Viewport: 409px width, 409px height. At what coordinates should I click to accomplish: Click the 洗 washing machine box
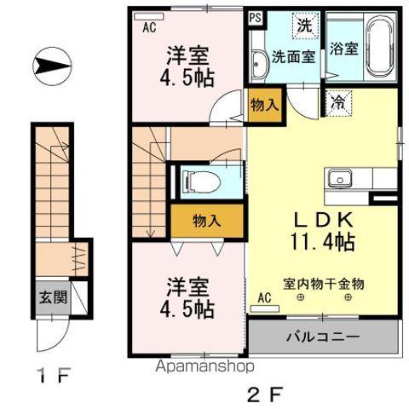[x=303, y=25]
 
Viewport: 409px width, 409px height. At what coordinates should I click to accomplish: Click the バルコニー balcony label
[x=324, y=337]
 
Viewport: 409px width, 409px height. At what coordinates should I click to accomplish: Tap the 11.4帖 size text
[x=324, y=241]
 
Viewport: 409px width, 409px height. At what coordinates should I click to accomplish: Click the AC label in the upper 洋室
[x=149, y=26]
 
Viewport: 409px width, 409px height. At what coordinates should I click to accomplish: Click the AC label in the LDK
[x=264, y=298]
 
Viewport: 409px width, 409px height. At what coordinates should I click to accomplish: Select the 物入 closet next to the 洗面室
[x=264, y=105]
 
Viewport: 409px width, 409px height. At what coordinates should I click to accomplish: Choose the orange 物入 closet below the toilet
[x=207, y=220]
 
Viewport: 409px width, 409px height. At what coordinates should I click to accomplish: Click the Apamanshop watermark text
[x=202, y=367]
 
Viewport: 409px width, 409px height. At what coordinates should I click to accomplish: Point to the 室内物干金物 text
[x=325, y=285]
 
